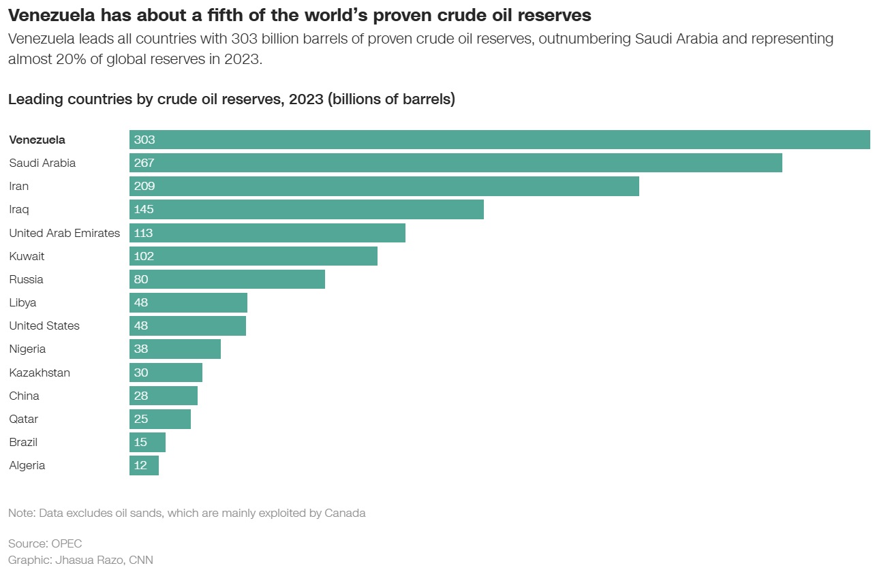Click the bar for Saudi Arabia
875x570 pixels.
click(x=455, y=163)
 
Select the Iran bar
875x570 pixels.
click(x=384, y=186)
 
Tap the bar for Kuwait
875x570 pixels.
click(x=253, y=256)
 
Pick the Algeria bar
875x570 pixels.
click(x=144, y=465)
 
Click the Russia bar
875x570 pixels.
click(x=227, y=279)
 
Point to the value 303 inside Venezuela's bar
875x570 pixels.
click(x=144, y=140)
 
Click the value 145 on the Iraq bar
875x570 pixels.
click(x=144, y=209)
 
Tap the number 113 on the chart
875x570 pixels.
click(x=143, y=233)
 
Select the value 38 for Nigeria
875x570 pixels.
click(x=141, y=349)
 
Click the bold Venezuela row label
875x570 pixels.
click(x=37, y=140)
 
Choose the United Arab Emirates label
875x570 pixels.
click(x=64, y=233)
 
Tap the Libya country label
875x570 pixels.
click(x=22, y=302)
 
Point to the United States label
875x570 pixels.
click(x=44, y=326)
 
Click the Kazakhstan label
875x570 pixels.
click(x=40, y=373)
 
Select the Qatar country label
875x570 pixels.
click(x=24, y=419)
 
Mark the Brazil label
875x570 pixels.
click(x=23, y=442)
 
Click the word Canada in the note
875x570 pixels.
click(x=344, y=513)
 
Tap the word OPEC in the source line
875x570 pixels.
click(x=66, y=543)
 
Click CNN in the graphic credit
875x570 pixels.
click(x=141, y=560)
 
